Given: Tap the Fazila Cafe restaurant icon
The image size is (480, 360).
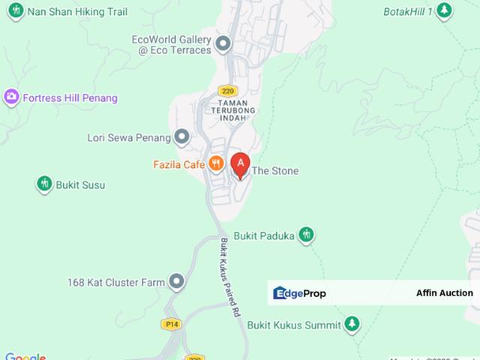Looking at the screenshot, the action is coord(216,163).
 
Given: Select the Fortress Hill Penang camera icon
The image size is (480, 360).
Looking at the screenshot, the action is coord(10,97).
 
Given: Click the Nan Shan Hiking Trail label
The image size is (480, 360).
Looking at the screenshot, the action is coord(76,11).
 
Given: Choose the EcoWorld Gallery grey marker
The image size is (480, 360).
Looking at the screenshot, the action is coord(223,44).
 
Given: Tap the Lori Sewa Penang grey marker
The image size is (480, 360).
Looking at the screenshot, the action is coord(181,137).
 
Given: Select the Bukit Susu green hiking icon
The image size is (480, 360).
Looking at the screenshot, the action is coord(44,184).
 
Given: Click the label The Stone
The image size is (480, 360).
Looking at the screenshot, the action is coord(275,171).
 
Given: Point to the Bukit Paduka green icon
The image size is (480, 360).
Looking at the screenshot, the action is coord(306,235).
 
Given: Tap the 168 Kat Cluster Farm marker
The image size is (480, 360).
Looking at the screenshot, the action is coord(177,282).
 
